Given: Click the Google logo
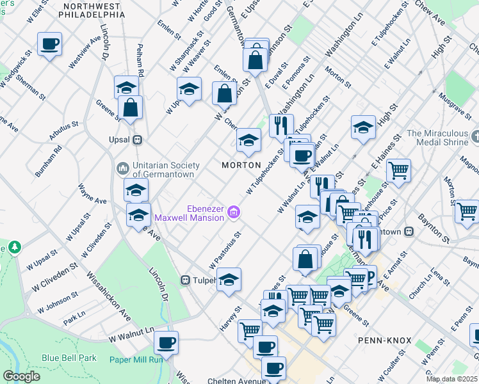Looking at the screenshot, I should pyautogui.click(x=22, y=376).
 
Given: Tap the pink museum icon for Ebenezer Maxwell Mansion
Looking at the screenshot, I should pyautogui.click(x=234, y=212).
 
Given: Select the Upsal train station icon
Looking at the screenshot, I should pyautogui.click(x=136, y=140).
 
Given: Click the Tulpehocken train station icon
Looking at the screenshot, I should pyautogui.click(x=186, y=280).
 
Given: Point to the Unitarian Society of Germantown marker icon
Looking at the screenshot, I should pyautogui.click(x=123, y=168).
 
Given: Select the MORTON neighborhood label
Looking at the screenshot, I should pyautogui.click(x=241, y=165).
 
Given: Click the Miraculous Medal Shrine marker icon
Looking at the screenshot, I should pyautogui.click(x=475, y=137).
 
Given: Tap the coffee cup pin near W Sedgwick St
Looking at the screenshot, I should pyautogui.click(x=49, y=44).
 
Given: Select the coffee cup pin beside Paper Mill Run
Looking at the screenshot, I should pyautogui.click(x=166, y=342).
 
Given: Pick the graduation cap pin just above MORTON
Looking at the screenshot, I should pyautogui.click(x=248, y=140).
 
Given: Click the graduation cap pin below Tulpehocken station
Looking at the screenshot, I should pyautogui.click(x=229, y=280).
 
